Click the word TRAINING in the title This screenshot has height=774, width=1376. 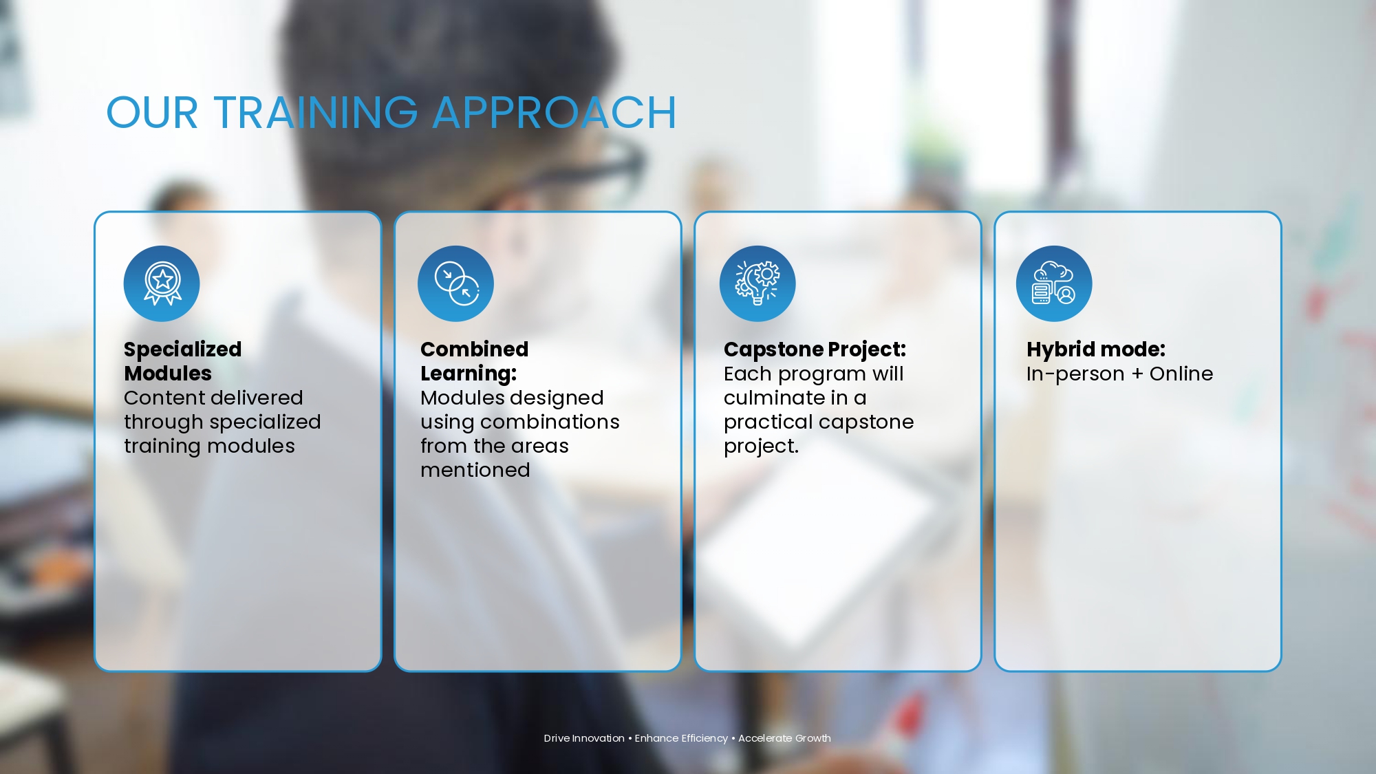316,113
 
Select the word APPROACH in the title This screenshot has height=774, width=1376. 555,113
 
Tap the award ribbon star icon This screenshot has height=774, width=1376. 162,283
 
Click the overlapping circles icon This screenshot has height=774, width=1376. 455,283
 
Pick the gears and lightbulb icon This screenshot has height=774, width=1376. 757,283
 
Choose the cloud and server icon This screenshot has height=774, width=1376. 1054,283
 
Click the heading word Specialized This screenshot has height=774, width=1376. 183,350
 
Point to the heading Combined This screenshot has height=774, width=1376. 475,350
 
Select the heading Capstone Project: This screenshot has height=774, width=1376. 815,350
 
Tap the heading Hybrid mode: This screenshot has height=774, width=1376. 1096,350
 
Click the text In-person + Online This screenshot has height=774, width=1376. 1120,374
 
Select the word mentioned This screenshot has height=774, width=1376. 475,470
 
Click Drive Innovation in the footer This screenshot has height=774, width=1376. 584,738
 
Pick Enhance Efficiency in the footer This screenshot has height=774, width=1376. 681,738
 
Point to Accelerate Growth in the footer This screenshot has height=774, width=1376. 784,738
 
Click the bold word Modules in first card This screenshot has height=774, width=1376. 168,374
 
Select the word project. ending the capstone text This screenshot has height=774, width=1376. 761,447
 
